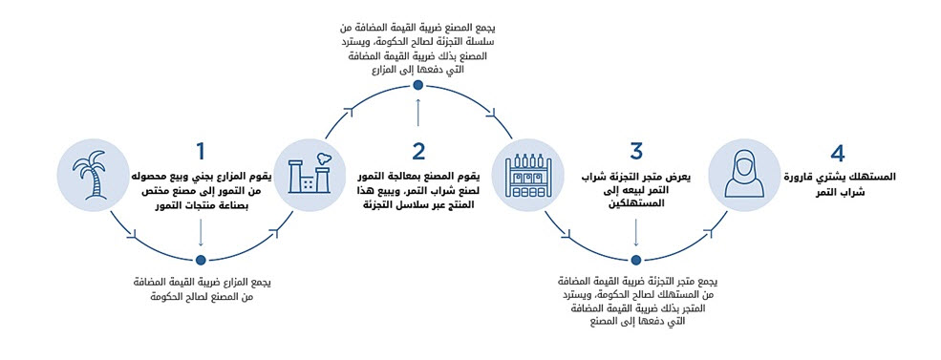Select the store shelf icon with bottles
pos(527,175)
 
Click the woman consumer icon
pos(744,174)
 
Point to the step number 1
pos(201,151)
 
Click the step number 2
pos(418,151)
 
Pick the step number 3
pos(636,151)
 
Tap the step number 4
pos(837,153)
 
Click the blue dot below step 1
pos(201,260)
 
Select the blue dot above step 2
pos(418,85)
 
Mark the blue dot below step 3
pos(636,260)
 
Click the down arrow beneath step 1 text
pos(201,233)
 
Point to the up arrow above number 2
pos(418,112)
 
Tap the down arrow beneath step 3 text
pos(636,233)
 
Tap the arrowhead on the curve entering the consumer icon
pos(712,230)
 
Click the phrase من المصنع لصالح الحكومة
pos(201,297)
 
